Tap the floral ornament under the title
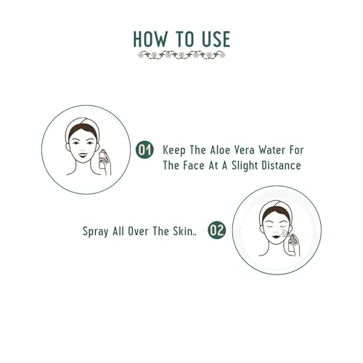(181, 55)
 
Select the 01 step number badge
(144, 150)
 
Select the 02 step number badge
(216, 231)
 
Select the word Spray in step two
(95, 232)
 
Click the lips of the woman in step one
(81, 152)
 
